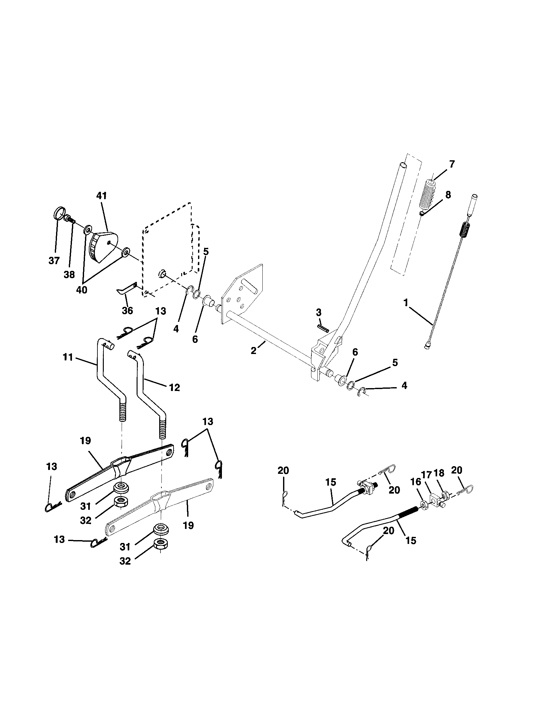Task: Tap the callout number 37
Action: point(54,261)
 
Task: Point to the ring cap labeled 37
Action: point(58,213)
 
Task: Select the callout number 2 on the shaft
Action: point(254,351)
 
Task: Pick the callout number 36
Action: point(127,310)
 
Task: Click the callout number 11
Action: point(68,357)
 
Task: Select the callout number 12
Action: point(175,387)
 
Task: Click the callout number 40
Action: point(82,290)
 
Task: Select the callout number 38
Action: point(69,274)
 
